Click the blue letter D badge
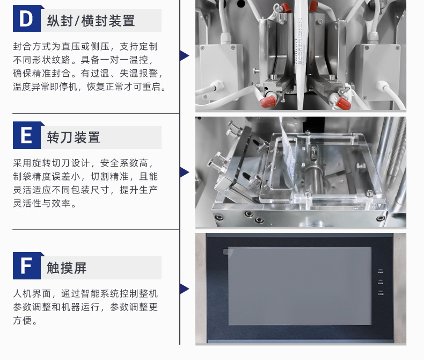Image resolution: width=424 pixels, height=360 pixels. click(27, 18)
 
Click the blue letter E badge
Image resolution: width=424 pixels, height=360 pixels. click(27, 135)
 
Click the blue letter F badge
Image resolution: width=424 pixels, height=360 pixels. click(27, 265)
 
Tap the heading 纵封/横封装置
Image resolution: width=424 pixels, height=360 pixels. click(91, 21)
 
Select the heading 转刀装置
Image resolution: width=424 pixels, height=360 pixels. click(74, 137)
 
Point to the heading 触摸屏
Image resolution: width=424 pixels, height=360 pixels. click(67, 268)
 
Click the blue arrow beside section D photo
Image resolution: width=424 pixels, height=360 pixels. click(185, 55)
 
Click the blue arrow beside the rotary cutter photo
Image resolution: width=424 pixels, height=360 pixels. click(185, 172)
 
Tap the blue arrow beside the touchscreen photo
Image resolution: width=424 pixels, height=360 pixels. click(185, 289)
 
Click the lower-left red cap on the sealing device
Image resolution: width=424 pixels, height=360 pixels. click(268, 101)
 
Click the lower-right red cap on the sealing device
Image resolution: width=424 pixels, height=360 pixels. click(343, 103)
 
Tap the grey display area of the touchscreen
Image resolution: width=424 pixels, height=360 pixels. click(299, 286)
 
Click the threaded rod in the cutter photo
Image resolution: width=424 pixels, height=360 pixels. click(397, 152)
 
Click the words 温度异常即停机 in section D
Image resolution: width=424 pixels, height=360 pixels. click(45, 87)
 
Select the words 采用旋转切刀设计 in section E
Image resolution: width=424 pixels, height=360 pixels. click(51, 163)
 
